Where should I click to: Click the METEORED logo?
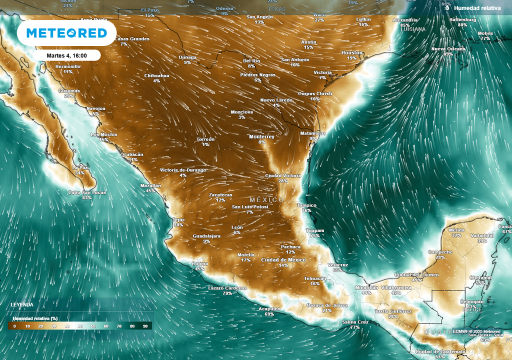click(66, 33)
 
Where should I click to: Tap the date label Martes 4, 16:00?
click(67, 55)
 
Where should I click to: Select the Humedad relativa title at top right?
click(477, 8)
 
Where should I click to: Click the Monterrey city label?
click(262, 136)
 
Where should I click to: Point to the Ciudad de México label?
click(283, 259)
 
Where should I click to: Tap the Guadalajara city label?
click(206, 235)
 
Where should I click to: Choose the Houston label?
click(352, 52)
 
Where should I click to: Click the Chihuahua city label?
click(156, 75)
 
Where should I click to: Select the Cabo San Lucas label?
click(87, 192)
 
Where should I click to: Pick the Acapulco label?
click(269, 309)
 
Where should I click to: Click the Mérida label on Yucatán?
click(456, 230)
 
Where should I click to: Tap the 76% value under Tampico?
click(306, 210)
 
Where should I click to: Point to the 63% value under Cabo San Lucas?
click(87, 198)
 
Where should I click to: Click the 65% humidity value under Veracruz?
click(337, 270)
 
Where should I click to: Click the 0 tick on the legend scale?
click(14, 325)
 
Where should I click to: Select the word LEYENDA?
click(22, 304)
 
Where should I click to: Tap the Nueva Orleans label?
click(448, 48)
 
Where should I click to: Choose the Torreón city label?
click(205, 139)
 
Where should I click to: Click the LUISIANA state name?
click(413, 29)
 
